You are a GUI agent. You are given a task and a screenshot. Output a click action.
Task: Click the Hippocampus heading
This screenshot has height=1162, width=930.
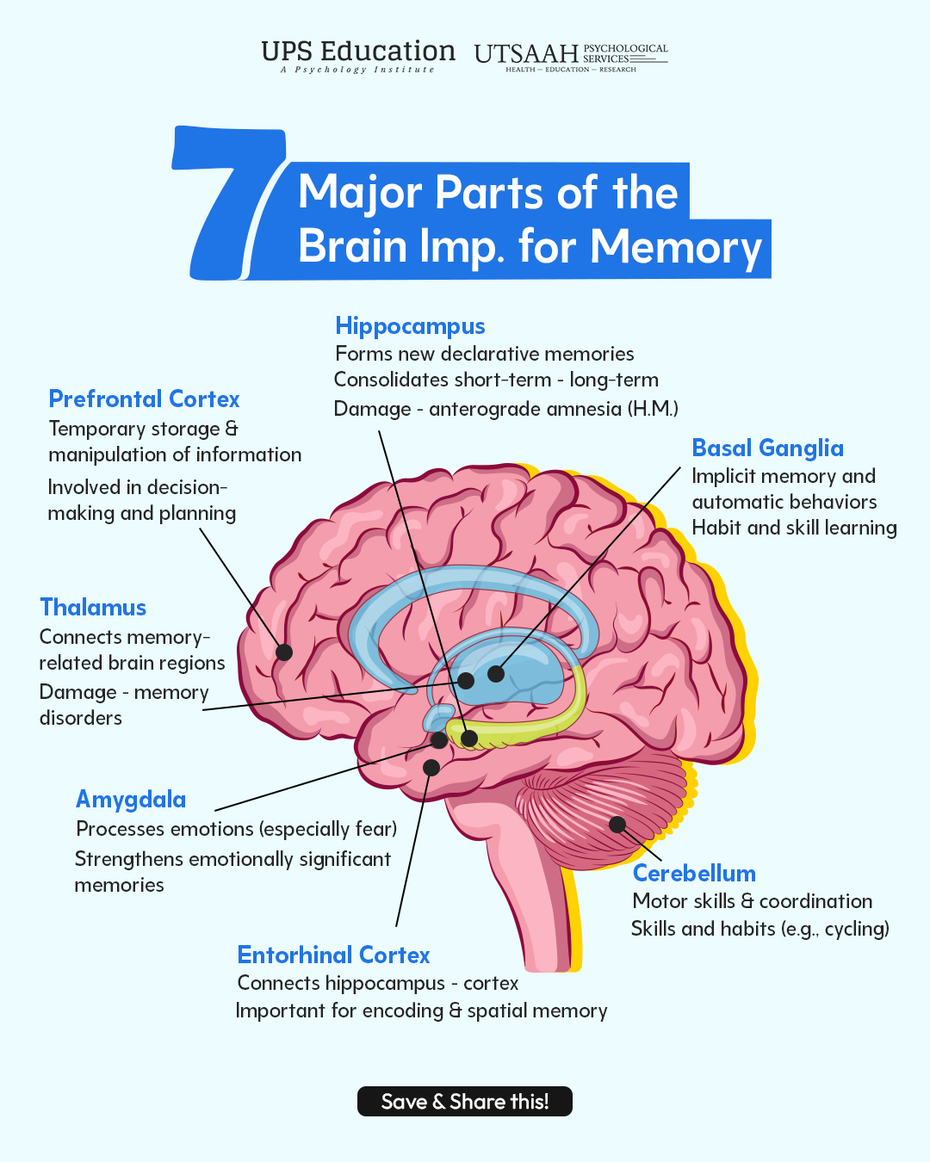(410, 327)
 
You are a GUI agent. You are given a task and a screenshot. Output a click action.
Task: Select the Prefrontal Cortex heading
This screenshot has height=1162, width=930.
(144, 399)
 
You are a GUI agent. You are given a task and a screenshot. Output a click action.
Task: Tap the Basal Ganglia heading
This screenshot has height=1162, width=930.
(768, 448)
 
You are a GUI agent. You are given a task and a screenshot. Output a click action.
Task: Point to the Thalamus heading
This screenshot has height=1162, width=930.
(93, 608)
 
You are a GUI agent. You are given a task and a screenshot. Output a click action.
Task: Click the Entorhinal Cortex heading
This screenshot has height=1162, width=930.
(333, 955)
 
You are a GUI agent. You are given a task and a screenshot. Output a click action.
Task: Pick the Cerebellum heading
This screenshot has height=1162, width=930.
(694, 873)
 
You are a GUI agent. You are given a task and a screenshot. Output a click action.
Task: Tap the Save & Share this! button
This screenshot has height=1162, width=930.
(465, 1101)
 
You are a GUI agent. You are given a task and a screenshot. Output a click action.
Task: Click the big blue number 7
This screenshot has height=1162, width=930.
(228, 203)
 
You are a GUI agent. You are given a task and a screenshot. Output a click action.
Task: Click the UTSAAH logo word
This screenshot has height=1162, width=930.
(526, 54)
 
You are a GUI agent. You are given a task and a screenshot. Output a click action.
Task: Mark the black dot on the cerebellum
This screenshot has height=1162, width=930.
(617, 825)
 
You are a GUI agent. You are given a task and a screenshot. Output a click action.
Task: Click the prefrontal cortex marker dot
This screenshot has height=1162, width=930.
(284, 652)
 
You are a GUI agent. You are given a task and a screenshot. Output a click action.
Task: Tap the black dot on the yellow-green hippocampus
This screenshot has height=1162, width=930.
(469, 739)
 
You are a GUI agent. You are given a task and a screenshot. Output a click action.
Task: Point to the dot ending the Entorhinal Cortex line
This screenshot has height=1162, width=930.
(431, 767)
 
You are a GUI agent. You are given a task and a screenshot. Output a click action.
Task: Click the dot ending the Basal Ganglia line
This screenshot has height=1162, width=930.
(495, 673)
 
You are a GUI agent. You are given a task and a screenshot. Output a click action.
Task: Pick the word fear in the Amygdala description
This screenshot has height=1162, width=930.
(376, 829)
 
